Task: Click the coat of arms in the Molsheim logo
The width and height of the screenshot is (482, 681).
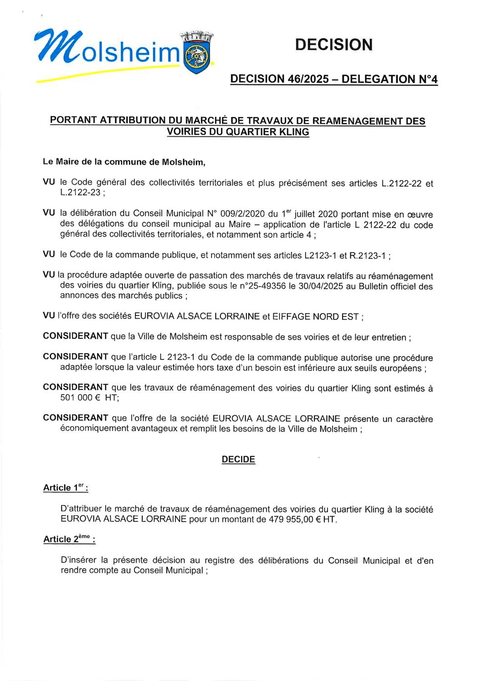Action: coord(197,55)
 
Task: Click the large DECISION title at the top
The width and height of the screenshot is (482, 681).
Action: coord(333,45)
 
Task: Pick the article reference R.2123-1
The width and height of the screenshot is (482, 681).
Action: coord(368,255)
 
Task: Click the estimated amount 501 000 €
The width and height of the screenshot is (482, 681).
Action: coord(80,397)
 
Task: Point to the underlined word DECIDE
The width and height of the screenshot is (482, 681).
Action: coord(238,459)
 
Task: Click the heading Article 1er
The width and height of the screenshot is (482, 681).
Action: coord(66,488)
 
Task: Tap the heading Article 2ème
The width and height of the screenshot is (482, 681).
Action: coord(69,539)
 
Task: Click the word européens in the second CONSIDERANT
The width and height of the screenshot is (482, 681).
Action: coord(399,368)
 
